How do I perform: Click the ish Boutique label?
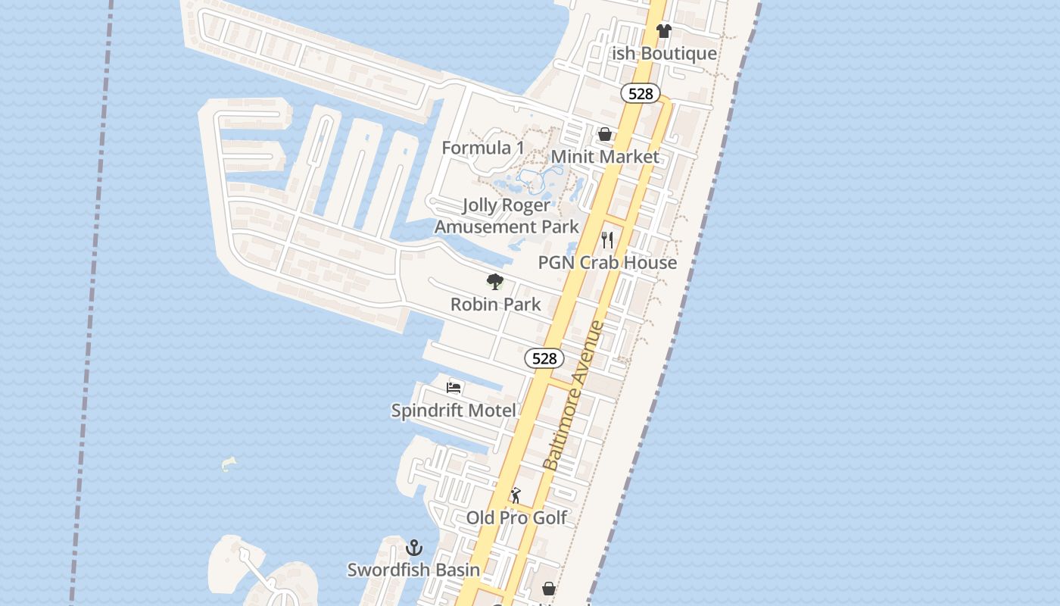[664, 53]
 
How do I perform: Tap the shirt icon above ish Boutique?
[663, 31]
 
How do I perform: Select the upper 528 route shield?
[641, 93]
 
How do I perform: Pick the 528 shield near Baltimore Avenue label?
[544, 358]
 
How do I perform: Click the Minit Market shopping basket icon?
[605, 135]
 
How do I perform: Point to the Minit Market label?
[605, 157]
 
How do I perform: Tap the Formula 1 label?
[483, 148]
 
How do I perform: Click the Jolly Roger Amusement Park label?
[507, 216]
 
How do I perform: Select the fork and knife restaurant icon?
[607, 240]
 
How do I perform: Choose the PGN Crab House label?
[607, 262]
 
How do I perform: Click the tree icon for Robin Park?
[495, 283]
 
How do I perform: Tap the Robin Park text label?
[495, 305]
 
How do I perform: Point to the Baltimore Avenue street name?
[574, 395]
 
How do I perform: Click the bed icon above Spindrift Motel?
[454, 388]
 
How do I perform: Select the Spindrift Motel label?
[454, 411]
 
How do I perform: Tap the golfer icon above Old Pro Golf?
[516, 495]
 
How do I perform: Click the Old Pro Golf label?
[516, 517]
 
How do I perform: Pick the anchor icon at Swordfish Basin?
[414, 548]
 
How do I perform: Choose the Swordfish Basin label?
[413, 570]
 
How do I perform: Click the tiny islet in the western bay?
[229, 464]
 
